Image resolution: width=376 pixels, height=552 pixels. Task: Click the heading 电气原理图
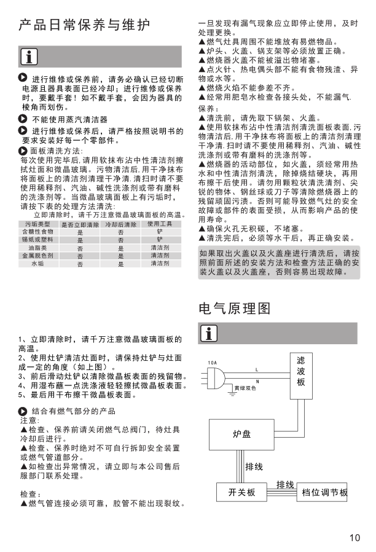pos(234,308)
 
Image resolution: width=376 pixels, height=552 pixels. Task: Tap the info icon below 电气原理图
pos(209,334)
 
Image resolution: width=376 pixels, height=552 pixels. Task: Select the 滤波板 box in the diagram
pos(300,371)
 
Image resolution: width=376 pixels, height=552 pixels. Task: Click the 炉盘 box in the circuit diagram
pos(241,434)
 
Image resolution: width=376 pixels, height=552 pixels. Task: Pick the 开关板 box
pos(241,493)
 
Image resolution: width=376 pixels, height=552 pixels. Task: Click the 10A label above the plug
pos(213,362)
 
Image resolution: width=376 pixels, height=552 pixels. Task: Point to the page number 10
pos(354,538)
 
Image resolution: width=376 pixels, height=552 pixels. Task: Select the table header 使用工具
pos(160,224)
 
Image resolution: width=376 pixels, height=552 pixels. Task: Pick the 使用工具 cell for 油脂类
pos(160,247)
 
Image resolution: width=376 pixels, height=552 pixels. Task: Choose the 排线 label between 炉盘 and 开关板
pos(254,467)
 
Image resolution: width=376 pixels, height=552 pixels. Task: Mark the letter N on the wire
pos(257,382)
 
